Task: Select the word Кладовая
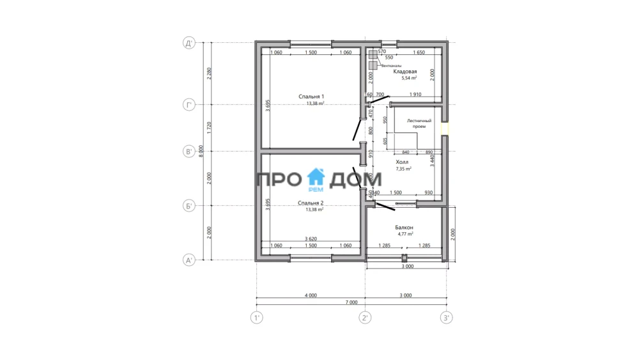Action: [405, 72]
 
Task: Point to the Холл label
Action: [403, 163]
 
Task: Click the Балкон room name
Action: [404, 228]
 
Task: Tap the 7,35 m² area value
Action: [404, 169]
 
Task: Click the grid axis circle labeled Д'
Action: [189, 43]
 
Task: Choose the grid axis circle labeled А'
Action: [189, 260]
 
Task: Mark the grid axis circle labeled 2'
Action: [365, 317]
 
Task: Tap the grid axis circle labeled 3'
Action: [446, 317]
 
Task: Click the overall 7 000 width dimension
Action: [351, 302]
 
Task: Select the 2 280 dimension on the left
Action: [208, 74]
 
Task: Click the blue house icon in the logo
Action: [316, 177]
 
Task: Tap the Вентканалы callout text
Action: [391, 65]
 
